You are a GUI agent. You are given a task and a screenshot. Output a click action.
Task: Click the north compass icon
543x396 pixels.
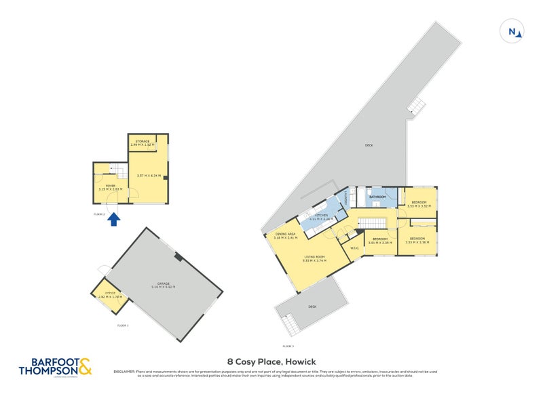click(514, 31)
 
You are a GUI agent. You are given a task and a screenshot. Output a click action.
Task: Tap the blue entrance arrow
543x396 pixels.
click(114, 219)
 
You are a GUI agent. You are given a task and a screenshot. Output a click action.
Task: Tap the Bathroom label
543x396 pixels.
click(377, 197)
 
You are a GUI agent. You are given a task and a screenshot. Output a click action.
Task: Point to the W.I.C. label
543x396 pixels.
click(354, 248)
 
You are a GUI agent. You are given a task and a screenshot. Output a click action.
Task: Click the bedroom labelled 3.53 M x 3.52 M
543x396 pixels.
click(417, 204)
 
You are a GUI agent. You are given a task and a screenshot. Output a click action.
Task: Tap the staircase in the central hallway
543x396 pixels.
click(371, 223)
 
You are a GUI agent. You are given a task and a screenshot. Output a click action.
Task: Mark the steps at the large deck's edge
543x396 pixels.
click(415, 105)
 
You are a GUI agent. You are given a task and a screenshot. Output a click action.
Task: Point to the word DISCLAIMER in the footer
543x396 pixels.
click(126, 372)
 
